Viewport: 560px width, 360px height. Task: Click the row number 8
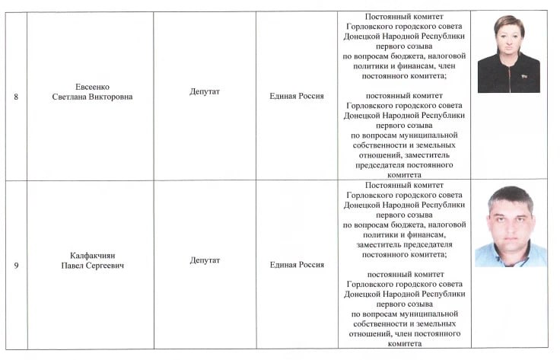point(17,97)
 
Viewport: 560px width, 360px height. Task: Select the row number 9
point(17,265)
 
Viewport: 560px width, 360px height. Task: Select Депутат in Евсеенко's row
point(205,91)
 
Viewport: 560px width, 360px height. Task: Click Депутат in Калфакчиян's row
point(205,260)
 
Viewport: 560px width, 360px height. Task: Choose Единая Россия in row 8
point(297,96)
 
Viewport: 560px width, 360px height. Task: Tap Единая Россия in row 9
point(297,265)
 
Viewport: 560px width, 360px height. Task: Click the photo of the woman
point(508,53)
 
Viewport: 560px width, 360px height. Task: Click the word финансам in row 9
point(421,235)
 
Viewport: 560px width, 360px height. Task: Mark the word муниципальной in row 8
point(430,135)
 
